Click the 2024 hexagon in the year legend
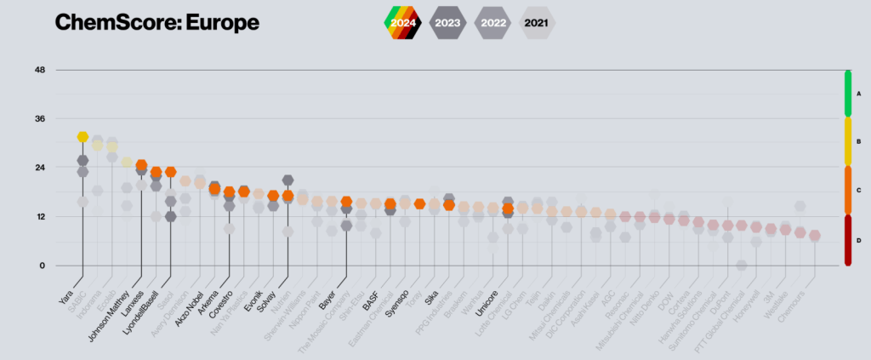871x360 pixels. (x=403, y=22)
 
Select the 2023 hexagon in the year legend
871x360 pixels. (x=447, y=22)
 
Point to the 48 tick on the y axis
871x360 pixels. (x=39, y=70)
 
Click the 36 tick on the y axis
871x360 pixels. (x=39, y=118)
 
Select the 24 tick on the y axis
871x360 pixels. (x=39, y=168)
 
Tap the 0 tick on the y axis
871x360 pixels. (x=41, y=266)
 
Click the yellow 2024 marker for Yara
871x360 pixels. (x=83, y=137)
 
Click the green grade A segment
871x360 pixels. (x=848, y=94)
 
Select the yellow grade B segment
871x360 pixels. (x=848, y=142)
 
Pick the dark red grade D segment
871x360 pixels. (x=848, y=240)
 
